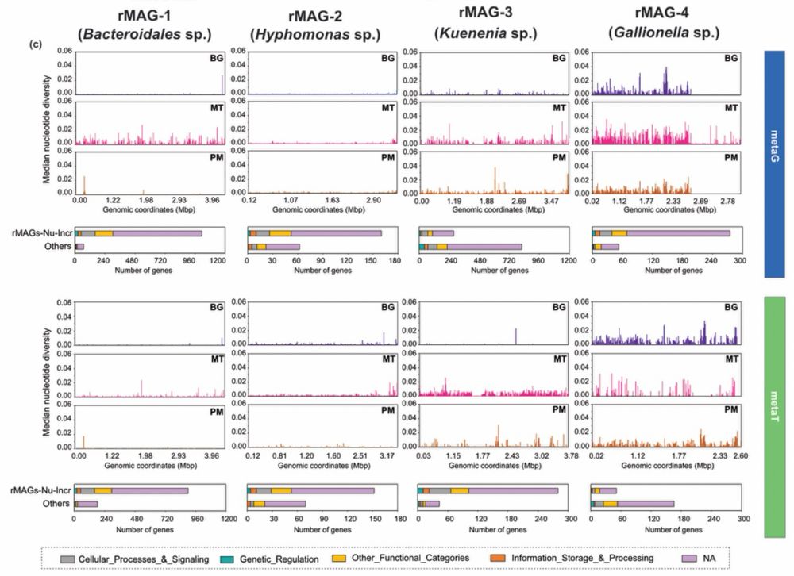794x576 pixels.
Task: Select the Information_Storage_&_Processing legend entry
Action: pyautogui.click(x=580, y=559)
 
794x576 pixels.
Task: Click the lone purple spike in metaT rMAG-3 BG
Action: pyautogui.click(x=515, y=336)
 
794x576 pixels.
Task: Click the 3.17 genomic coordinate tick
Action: pyautogui.click(x=389, y=456)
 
